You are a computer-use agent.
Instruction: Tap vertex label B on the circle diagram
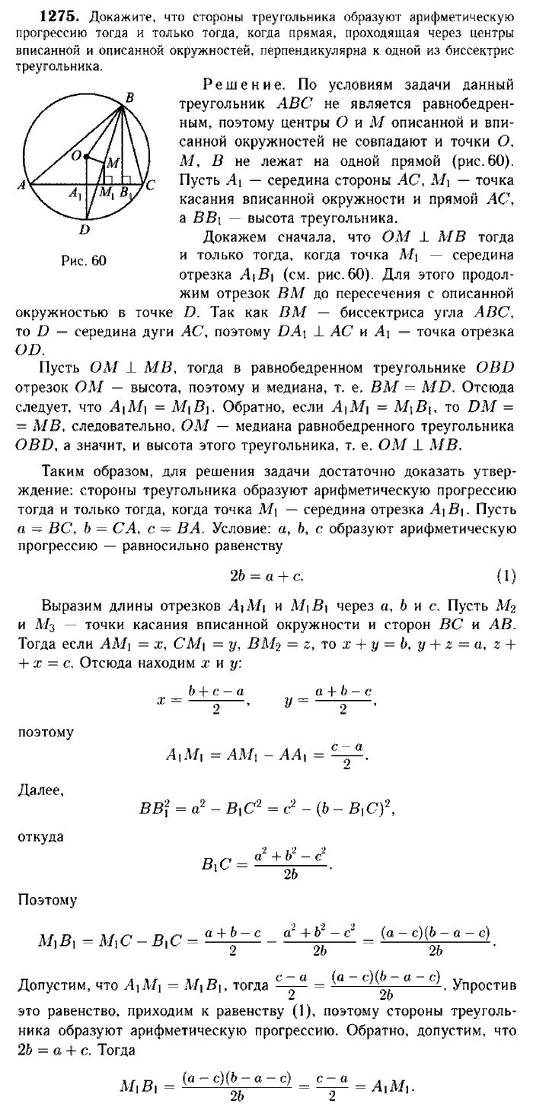[x=129, y=97]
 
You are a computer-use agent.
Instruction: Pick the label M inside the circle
[x=112, y=164]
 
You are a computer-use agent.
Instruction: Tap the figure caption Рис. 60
[x=84, y=261]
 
